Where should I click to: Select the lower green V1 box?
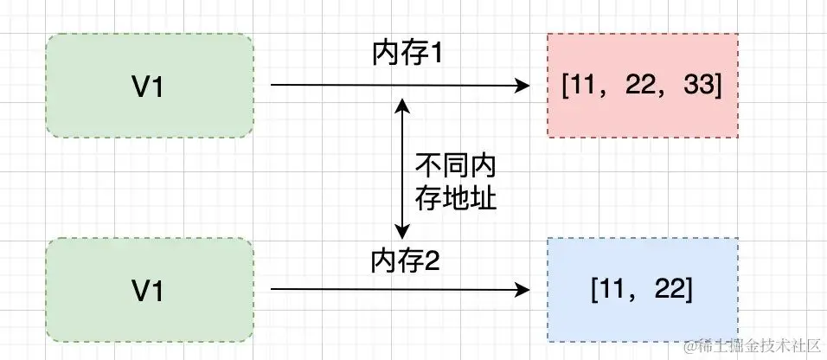tap(150, 289)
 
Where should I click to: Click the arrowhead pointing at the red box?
tap(522, 86)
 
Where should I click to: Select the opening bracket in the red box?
tap(565, 86)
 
